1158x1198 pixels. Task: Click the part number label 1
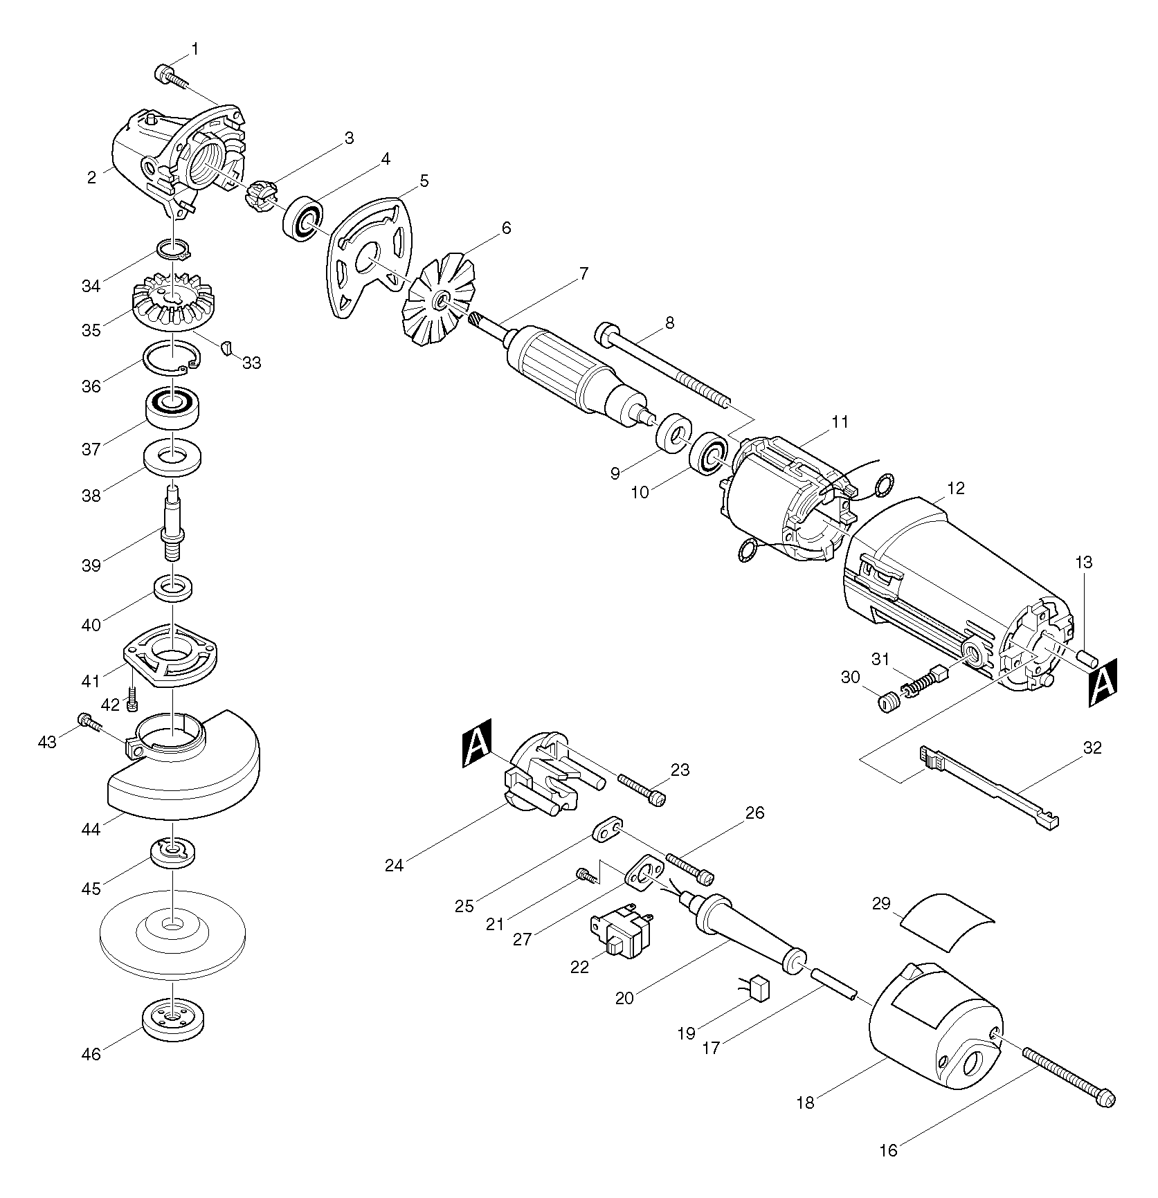point(194,49)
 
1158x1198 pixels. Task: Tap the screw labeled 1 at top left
point(168,75)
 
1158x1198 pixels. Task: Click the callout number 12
point(955,489)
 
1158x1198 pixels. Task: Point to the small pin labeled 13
point(1085,656)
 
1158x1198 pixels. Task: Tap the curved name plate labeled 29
point(947,918)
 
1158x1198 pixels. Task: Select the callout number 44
point(91,828)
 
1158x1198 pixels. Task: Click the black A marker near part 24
point(476,744)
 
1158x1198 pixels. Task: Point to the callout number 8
point(669,323)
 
